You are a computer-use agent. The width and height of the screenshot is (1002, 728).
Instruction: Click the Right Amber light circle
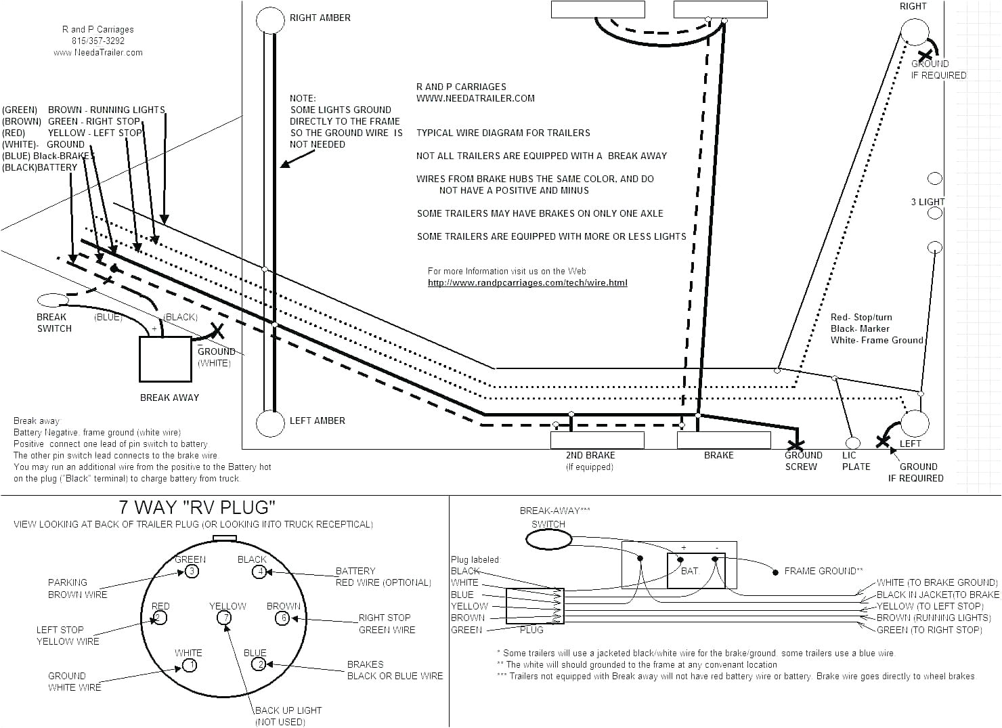coord(270,20)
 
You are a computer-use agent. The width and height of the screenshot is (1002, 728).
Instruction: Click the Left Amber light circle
coord(270,423)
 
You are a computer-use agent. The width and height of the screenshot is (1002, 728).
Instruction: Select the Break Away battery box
coord(165,359)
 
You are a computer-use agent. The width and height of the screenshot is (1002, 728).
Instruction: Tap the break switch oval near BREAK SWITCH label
coord(52,299)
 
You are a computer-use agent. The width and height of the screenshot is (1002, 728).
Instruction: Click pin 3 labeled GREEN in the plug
coord(192,572)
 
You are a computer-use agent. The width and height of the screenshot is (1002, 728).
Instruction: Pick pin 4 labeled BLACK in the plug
coord(259,572)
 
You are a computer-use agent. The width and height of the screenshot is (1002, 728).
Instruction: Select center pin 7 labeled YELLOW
coord(223,618)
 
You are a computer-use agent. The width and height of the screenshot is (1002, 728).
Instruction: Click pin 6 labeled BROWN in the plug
coord(282,618)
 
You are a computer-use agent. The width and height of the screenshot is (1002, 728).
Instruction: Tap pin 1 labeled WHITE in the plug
coord(190,665)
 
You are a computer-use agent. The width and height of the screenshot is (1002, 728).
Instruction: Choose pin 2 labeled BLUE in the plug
coord(259,664)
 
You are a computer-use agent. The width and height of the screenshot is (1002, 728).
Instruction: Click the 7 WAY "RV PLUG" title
coord(197,507)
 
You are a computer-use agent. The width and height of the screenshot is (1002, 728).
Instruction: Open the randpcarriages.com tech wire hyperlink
coord(527,282)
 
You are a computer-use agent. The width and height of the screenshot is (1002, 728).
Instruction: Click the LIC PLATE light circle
coord(852,443)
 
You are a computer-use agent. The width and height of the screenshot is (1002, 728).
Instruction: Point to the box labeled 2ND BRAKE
coord(597,440)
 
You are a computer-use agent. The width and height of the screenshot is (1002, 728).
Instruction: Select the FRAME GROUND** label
coord(823,571)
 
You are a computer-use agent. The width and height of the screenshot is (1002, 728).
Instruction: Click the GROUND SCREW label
coord(802,461)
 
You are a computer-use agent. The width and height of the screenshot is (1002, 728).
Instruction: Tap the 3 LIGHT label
coord(928,202)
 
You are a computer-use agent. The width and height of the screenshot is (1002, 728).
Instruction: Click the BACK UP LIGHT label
coord(288,710)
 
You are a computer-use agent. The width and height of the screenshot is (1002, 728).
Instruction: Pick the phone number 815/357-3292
coord(98,41)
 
